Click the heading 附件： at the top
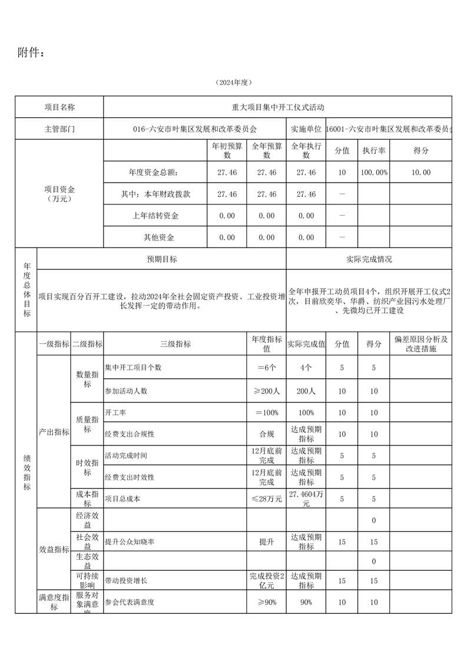pos(31,53)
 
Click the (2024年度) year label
pos(233,82)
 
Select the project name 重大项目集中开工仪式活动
pos(278,107)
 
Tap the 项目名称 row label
pos(59,107)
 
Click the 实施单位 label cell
pos(306,128)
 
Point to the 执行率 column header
pos(374,151)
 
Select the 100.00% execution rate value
pos(374,173)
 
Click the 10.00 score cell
pos(421,173)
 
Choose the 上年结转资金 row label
pos(155,216)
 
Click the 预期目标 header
pos(162,259)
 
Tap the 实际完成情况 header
pos(369,259)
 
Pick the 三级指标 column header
pos(175,344)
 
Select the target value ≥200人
pos(266,391)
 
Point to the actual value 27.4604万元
pos(306,499)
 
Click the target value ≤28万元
pos(266,499)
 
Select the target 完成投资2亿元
pos(266,581)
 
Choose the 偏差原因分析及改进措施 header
pos(421,344)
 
